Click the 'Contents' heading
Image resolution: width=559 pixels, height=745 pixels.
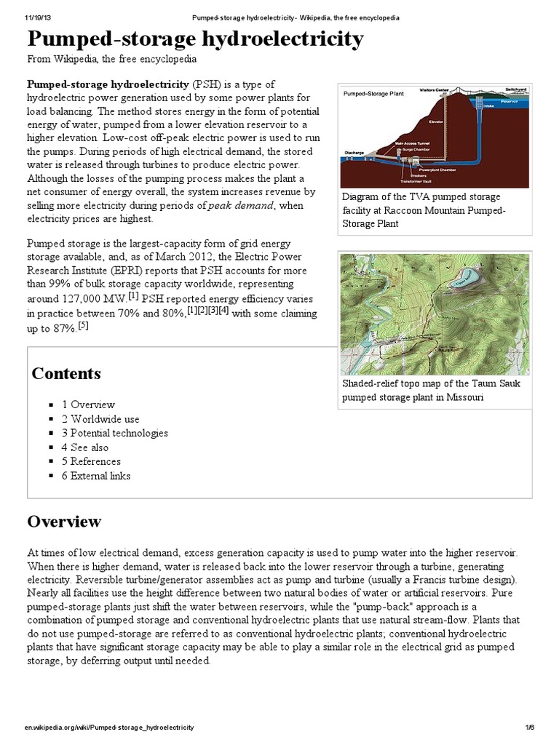pyautogui.click(x=66, y=374)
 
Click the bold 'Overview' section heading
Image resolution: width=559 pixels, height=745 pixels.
pyautogui.click(x=64, y=522)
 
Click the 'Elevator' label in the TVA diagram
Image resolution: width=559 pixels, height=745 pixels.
pyautogui.click(x=436, y=121)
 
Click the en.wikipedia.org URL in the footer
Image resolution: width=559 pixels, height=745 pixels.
pyautogui.click(x=108, y=728)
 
